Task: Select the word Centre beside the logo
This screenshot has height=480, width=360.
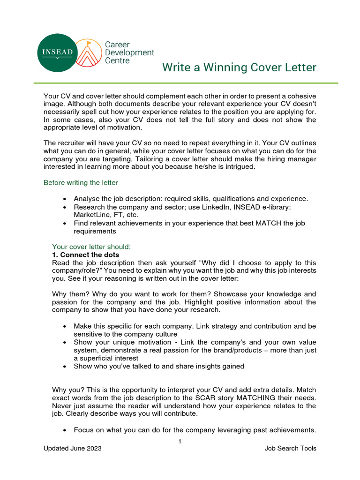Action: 117,61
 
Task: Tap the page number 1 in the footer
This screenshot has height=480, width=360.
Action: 180,441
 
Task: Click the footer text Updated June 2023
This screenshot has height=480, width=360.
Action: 72,449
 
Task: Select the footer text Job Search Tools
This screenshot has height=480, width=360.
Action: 290,449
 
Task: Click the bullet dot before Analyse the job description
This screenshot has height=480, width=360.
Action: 64,199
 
